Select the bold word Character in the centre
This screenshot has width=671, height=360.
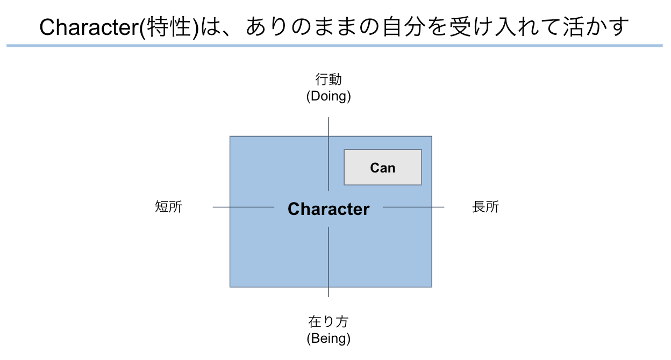329,209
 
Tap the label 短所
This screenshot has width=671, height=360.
169,207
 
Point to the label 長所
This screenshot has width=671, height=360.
486,207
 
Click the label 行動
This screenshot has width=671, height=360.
329,80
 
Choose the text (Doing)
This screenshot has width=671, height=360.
329,96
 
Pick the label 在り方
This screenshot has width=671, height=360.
329,322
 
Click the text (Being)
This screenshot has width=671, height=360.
329,339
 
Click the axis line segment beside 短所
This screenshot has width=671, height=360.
242,207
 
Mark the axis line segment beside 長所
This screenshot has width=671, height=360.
414,207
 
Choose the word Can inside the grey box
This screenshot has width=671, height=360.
383,168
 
